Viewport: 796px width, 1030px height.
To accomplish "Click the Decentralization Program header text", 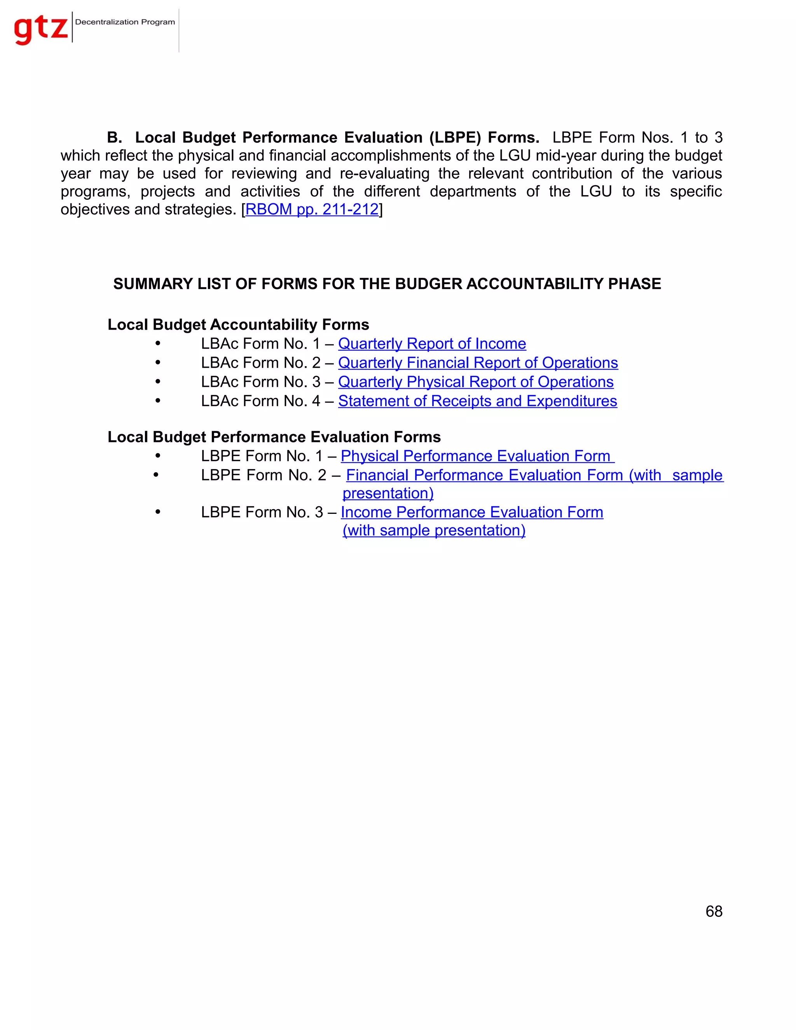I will [125, 22].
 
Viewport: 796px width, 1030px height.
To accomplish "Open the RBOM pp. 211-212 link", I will [312, 209].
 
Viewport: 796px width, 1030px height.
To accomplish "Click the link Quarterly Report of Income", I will [432, 344].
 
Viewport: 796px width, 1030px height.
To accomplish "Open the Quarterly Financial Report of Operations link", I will [478, 363].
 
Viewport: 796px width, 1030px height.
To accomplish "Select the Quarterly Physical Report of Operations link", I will [476, 382].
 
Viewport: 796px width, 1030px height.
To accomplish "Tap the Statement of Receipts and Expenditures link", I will [477, 401].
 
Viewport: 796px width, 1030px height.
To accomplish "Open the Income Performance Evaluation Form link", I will [471, 512].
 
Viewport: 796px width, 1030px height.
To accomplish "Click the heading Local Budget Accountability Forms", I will [238, 325].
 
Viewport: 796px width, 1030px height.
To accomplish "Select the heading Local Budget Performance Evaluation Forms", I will [274, 437].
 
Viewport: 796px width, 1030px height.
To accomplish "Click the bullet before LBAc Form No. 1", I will [158, 344].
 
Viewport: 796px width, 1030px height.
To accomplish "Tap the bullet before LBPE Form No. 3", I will [158, 512].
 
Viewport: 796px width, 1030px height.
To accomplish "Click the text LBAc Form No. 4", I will [260, 401].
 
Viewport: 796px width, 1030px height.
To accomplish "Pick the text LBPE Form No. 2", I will [263, 475].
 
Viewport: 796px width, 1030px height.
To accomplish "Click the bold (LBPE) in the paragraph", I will [455, 138].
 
